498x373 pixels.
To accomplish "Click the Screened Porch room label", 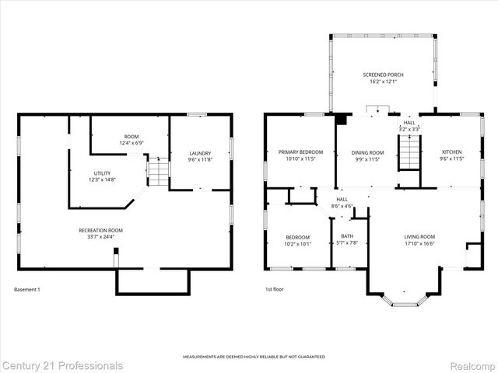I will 383,75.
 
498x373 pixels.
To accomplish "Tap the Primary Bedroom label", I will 300,152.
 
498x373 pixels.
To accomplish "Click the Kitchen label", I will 452,152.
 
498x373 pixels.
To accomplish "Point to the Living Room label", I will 419,236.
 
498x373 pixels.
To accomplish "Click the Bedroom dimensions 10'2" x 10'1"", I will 297,243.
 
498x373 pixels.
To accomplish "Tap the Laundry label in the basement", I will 200,152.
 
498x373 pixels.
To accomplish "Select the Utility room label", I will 101,173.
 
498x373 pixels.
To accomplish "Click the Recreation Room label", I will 100,230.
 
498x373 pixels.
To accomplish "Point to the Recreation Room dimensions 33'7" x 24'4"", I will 100,237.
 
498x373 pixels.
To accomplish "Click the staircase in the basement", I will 158,171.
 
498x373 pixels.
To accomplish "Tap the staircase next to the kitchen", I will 409,152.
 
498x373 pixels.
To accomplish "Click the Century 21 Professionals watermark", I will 62,364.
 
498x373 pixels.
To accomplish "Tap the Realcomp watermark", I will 467,364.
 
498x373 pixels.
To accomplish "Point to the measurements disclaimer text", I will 254,357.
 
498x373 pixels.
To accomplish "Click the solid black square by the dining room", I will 340,120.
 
